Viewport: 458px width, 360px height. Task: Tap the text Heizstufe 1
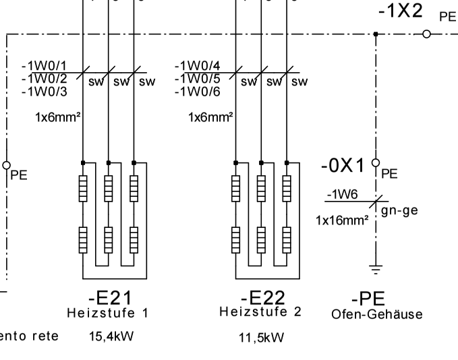tap(107, 313)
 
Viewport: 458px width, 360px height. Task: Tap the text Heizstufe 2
tap(260, 312)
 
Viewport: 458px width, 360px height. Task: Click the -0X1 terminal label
tap(343, 164)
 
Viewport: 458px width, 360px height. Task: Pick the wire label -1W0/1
tap(45, 65)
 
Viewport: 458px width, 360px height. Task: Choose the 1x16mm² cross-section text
tap(341, 220)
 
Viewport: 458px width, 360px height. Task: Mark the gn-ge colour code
tap(399, 210)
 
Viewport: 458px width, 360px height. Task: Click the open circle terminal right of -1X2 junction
tap(426, 34)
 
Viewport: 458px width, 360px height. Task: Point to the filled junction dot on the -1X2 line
tap(376, 34)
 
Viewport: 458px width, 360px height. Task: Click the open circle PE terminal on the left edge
tap(7, 164)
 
